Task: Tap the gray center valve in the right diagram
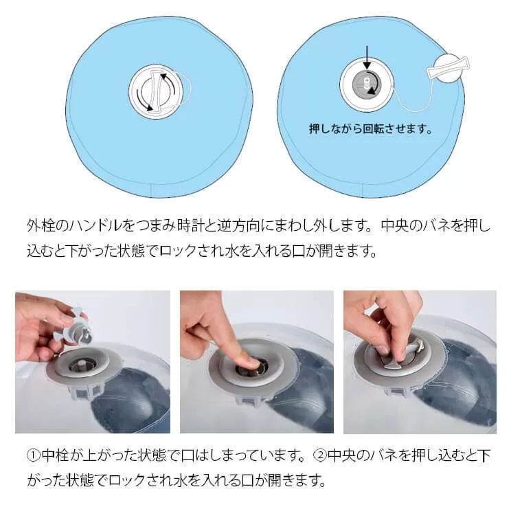(366, 84)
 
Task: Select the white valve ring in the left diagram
(156, 90)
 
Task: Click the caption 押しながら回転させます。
(370, 129)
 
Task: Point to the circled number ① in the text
(33, 455)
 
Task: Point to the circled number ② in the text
(319, 455)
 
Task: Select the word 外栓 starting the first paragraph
(40, 226)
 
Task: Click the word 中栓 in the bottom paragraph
(55, 455)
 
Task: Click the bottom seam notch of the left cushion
(152, 190)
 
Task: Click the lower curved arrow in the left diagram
(144, 102)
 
